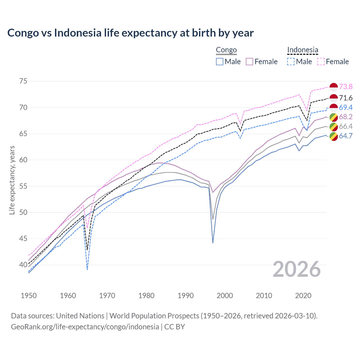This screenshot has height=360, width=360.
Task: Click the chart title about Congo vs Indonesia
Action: coord(130,33)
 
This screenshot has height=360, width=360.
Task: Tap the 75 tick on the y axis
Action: coord(23,81)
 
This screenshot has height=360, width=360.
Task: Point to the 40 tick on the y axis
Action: coord(23,265)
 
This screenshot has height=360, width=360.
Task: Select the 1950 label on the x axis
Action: coord(29,296)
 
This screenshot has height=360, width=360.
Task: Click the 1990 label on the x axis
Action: coord(186,296)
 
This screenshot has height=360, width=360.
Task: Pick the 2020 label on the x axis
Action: coord(303,296)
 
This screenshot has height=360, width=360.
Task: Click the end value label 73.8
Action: coord(346,87)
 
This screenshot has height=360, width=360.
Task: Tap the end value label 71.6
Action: coord(346,98)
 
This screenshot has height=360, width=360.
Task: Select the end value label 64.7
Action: coord(346,136)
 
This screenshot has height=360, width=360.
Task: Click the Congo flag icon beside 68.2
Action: coord(334,117)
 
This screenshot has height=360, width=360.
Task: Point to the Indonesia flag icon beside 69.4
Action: coord(334,107)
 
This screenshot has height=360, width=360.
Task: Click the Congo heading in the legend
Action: coord(226,50)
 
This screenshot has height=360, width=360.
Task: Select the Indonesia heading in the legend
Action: coord(303,50)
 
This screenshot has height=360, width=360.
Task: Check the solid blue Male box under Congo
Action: coord(220,62)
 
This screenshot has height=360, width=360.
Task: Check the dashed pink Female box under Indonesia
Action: coord(321,62)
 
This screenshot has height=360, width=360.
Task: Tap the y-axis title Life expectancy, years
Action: coord(12,180)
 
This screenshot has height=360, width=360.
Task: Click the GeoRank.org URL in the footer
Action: coord(85,327)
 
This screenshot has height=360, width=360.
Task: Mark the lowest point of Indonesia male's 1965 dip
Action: coord(87,269)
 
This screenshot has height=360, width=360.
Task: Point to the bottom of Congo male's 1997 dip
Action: coord(213,243)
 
